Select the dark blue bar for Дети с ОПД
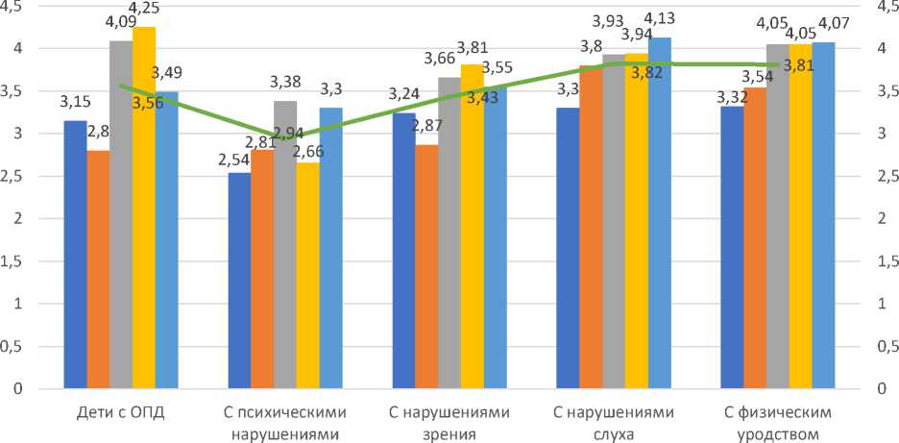coord(75,255)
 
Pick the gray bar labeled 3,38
coord(285,245)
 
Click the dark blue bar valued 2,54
coord(239,281)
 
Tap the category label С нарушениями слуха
coord(614,423)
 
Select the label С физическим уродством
coord(778,423)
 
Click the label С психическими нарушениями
coord(285,423)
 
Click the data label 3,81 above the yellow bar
coord(473,45)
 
